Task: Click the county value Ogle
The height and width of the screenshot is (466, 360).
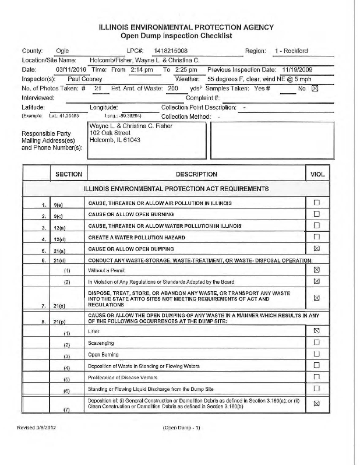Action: tap(62, 51)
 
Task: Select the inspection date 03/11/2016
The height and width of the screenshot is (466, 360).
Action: tap(71, 69)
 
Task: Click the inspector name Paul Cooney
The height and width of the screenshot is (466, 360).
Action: tap(86, 79)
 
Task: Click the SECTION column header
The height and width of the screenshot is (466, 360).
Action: tap(69, 174)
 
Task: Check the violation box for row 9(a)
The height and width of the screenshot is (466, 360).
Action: tap(317, 203)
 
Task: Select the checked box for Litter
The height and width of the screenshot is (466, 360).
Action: tap(317, 331)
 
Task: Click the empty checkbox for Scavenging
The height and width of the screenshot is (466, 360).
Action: tap(317, 343)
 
